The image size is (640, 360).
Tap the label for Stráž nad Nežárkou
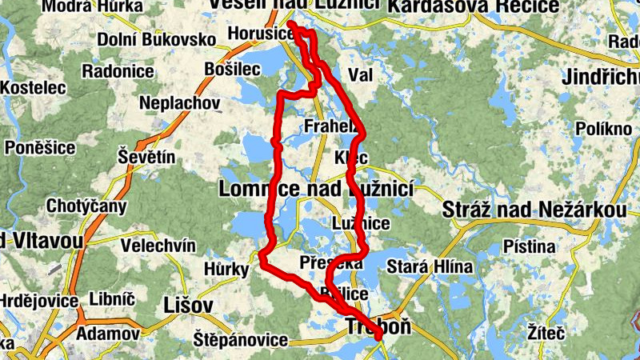coord(534,210)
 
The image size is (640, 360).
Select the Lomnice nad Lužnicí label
coord(315,190)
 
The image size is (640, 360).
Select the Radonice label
coord(118,71)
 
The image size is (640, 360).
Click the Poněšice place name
coord(40,147)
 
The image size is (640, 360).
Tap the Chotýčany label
coord(86,207)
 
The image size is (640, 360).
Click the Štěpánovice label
coord(240,340)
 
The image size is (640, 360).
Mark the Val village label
coord(362,75)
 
